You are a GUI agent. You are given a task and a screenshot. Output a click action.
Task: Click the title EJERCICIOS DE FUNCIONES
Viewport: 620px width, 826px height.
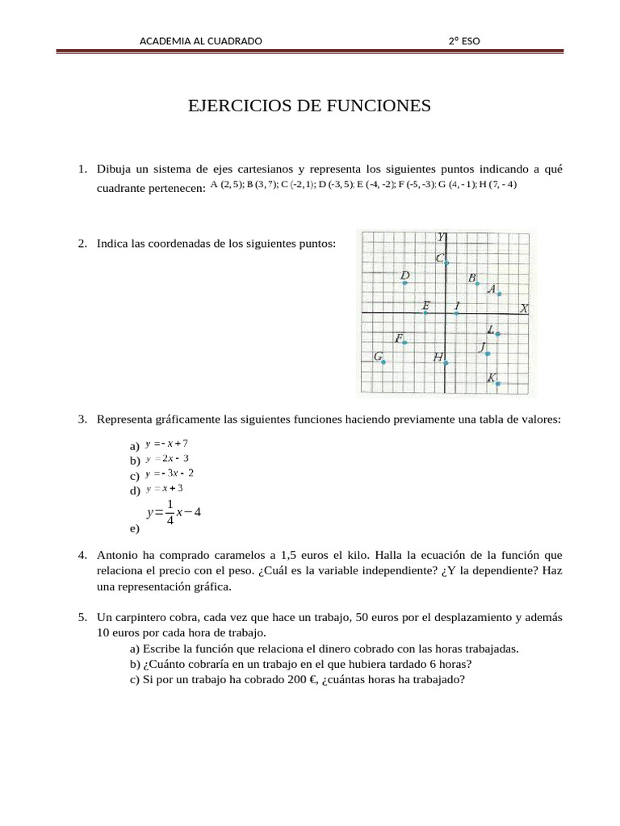309,106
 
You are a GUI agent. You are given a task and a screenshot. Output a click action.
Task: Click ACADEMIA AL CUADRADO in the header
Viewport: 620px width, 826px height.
201,41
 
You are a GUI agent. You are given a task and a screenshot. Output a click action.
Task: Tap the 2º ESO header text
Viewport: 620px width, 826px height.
464,41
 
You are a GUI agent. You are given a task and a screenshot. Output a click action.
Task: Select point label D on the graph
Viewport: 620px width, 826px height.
405,275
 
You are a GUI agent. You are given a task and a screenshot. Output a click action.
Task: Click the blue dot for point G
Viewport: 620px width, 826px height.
383,362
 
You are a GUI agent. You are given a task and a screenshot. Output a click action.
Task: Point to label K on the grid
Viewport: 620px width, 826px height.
491,377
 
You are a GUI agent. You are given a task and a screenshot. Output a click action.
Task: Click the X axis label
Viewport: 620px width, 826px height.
524,308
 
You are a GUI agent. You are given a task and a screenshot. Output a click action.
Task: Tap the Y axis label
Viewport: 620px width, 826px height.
441,237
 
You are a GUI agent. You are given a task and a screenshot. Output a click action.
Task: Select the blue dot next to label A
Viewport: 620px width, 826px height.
500,294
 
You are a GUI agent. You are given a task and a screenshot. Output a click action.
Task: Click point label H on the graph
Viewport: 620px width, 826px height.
438,357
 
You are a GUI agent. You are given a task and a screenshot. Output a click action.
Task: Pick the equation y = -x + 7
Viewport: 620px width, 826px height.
167,444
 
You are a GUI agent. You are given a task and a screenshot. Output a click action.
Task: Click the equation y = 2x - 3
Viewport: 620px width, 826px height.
167,458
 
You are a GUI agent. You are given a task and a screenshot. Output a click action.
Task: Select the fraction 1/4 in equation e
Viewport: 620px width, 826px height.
170,512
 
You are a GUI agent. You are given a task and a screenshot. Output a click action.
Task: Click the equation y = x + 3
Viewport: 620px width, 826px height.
165,488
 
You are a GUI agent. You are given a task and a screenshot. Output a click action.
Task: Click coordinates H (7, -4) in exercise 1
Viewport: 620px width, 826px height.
497,184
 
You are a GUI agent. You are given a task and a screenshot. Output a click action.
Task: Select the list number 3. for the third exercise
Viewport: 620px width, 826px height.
82,419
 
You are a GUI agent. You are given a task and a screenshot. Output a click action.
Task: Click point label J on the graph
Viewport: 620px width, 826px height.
482,347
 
